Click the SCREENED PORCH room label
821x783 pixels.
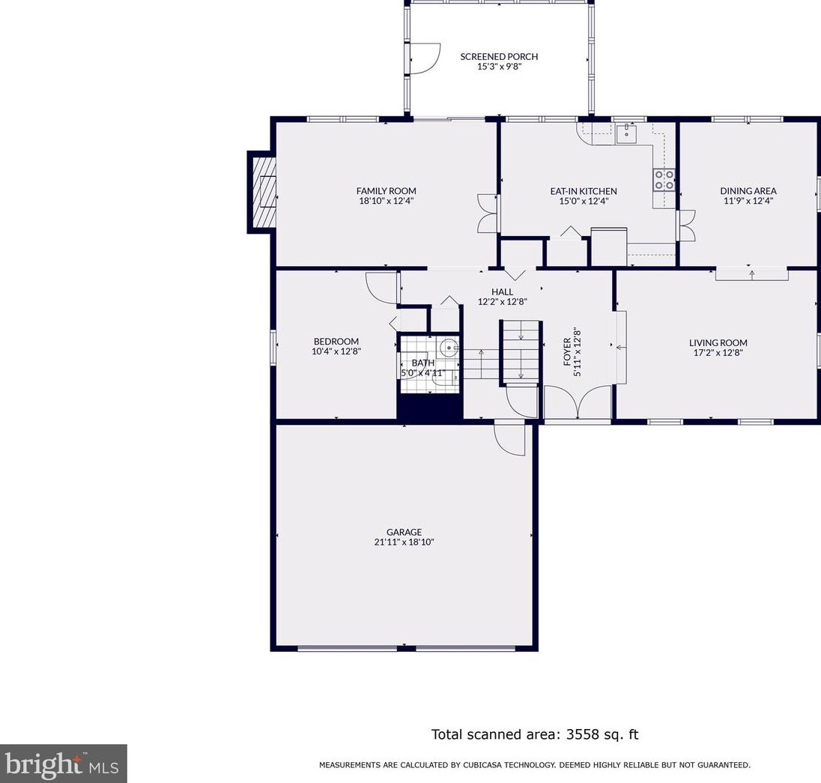pyautogui.click(x=499, y=56)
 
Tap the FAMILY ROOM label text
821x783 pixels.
pyautogui.click(x=387, y=191)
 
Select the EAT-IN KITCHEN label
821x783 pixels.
pyautogui.click(x=584, y=191)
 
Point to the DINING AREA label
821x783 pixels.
pyautogui.click(x=748, y=191)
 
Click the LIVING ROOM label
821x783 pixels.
pyautogui.click(x=718, y=343)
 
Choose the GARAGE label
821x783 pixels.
pyautogui.click(x=405, y=532)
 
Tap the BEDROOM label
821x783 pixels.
pyautogui.click(x=336, y=342)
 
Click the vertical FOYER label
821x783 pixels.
pyautogui.click(x=567, y=351)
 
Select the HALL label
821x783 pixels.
pyautogui.click(x=502, y=291)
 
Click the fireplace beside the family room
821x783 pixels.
pyautogui.click(x=261, y=192)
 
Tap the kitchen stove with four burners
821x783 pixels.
pyautogui.click(x=664, y=179)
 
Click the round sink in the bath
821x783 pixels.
pyautogui.click(x=449, y=347)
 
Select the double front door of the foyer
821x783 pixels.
pyautogui.click(x=578, y=402)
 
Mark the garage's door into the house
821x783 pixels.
pyautogui.click(x=509, y=439)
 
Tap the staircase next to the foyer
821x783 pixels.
pyautogui.click(x=521, y=351)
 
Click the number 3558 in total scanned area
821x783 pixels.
pyautogui.click(x=582, y=734)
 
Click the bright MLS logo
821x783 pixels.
pyautogui.click(x=63, y=764)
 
